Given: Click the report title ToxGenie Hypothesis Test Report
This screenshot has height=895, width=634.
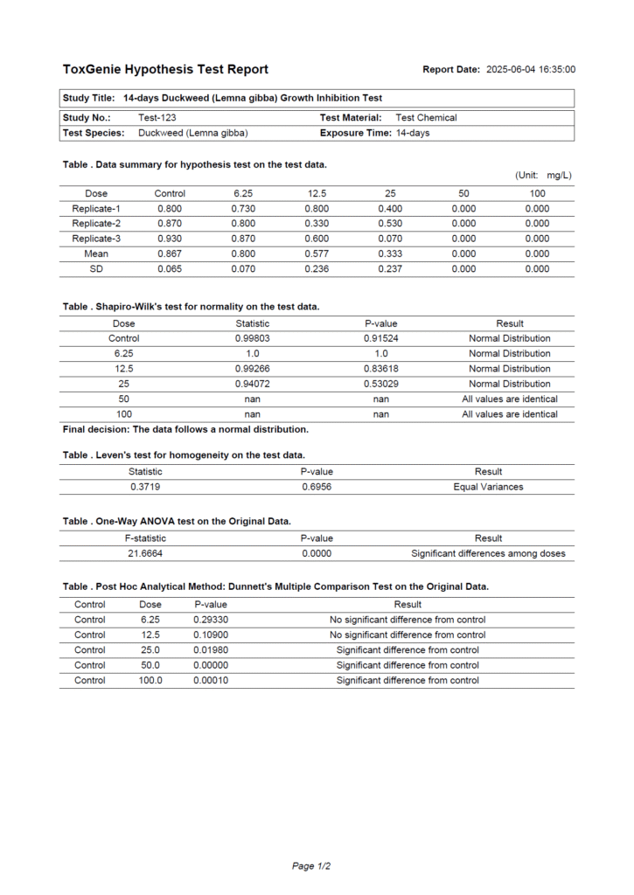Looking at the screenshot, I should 165,69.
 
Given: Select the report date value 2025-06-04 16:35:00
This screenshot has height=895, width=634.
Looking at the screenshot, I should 531,70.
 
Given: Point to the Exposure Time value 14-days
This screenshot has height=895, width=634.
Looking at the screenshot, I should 413,133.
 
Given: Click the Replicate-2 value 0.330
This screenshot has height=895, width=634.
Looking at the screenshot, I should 317,224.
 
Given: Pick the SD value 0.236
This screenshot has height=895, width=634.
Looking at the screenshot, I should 317,269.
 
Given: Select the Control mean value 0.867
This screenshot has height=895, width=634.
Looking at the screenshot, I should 170,254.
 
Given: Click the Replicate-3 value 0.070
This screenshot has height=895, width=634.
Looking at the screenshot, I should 390,239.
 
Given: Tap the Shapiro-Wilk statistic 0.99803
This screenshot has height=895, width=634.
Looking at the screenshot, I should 253,338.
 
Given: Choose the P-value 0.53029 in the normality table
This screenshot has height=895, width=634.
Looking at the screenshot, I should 381,384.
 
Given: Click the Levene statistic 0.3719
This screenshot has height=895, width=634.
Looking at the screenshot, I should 145,487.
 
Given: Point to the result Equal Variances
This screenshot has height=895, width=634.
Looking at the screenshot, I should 488,487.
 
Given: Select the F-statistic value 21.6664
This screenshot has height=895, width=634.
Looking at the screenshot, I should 145,553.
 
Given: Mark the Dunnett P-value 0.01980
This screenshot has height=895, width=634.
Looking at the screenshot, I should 211,650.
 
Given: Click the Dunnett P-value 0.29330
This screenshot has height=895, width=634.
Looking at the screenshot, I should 211,620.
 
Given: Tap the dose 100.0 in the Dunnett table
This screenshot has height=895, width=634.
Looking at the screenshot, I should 150,680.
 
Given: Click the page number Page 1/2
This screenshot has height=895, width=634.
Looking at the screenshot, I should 311,866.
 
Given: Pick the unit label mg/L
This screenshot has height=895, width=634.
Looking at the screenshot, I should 559,176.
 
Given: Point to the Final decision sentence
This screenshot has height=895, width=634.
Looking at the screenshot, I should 185,429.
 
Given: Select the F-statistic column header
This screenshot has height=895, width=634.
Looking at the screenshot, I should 145,538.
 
